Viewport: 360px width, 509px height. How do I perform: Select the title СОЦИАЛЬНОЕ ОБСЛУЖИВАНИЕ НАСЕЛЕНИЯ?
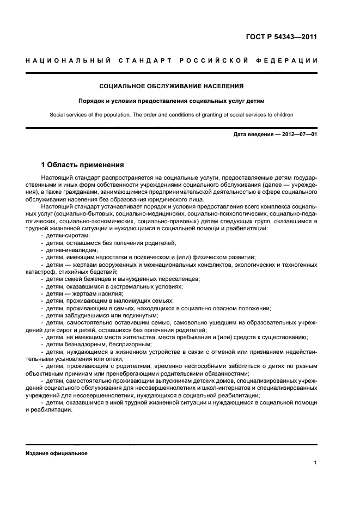172,85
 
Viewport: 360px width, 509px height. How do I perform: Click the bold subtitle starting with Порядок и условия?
172,101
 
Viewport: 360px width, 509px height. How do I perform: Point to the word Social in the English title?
58,115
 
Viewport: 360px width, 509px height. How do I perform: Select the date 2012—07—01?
299,133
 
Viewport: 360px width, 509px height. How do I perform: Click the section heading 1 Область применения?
83,164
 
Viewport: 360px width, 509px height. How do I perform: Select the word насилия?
105,293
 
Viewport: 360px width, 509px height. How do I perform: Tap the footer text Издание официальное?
57,453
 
